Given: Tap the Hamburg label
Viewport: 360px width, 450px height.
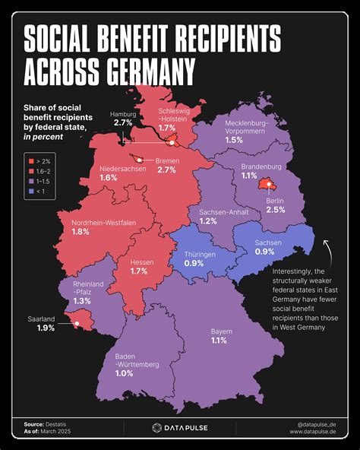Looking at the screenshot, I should (x=125, y=112).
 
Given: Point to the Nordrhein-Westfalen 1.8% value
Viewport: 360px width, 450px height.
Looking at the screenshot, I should (x=81, y=231).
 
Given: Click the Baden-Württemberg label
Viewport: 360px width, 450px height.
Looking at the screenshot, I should (x=137, y=360).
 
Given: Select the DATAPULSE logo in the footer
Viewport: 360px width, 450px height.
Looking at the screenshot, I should (x=179, y=427).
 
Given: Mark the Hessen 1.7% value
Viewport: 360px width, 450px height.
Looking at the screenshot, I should (x=139, y=270).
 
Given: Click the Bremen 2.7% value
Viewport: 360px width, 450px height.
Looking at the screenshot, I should (x=166, y=170).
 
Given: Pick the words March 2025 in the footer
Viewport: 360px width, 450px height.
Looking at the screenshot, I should (x=60, y=432).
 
